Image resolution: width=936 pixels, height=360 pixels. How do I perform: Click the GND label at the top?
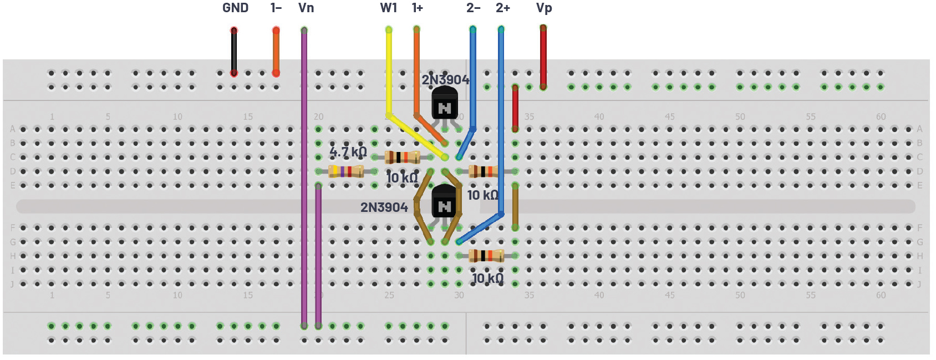coord(235,8)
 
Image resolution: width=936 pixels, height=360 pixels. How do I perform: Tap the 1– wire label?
coord(276,8)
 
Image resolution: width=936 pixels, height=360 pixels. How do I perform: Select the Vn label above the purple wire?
coord(306,8)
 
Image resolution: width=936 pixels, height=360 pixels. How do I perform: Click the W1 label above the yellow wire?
coord(388,8)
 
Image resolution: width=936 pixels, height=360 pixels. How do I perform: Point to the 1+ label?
coord(418,8)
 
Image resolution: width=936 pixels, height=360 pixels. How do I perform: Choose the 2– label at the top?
coord(473,8)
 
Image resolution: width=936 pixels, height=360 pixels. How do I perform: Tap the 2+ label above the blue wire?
coord(502,8)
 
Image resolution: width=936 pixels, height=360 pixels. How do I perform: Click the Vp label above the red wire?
coord(544,8)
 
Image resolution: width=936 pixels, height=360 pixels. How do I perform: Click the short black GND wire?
coord(234,51)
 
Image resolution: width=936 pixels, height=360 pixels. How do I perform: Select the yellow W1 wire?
coord(389,72)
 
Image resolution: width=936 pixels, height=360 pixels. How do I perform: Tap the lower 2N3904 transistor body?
coord(444,202)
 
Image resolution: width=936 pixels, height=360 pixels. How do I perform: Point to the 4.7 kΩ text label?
coord(348,151)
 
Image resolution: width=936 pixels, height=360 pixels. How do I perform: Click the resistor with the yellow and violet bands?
coord(346,171)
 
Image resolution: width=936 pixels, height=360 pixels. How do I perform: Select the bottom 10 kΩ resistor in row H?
coord(486,256)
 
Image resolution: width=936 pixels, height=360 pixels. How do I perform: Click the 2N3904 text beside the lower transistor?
coord(384,207)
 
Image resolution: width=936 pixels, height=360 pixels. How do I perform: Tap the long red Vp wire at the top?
coord(543,55)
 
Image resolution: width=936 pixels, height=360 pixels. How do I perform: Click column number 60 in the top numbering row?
coord(881,116)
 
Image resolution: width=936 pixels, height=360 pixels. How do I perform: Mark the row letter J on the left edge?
coord(12,284)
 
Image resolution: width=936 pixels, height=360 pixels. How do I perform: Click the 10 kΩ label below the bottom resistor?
coord(487,278)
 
